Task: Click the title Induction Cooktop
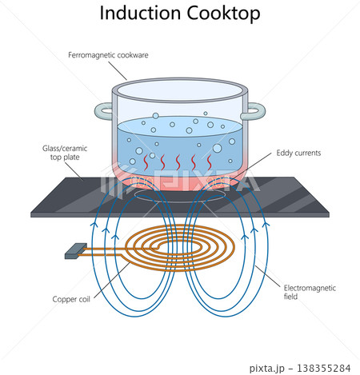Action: [x=180, y=14]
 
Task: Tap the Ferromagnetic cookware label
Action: [x=108, y=55]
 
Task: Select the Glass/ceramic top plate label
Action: [x=65, y=153]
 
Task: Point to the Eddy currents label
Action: [x=298, y=153]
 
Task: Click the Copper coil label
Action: [x=71, y=299]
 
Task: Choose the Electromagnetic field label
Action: [x=310, y=292]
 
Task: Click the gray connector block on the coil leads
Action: [x=76, y=251]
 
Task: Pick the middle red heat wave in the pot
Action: [x=178, y=162]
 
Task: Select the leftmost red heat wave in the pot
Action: [x=146, y=162]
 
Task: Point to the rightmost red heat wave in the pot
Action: [x=210, y=162]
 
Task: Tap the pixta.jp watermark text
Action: [x=267, y=368]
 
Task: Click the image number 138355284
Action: [x=324, y=368]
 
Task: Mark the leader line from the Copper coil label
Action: [x=112, y=281]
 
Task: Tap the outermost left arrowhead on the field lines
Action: [x=94, y=225]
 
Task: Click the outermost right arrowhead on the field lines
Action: [x=266, y=225]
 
